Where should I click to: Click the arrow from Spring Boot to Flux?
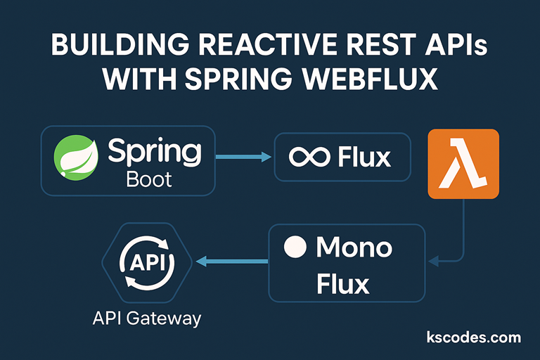243,157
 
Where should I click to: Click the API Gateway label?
147,318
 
